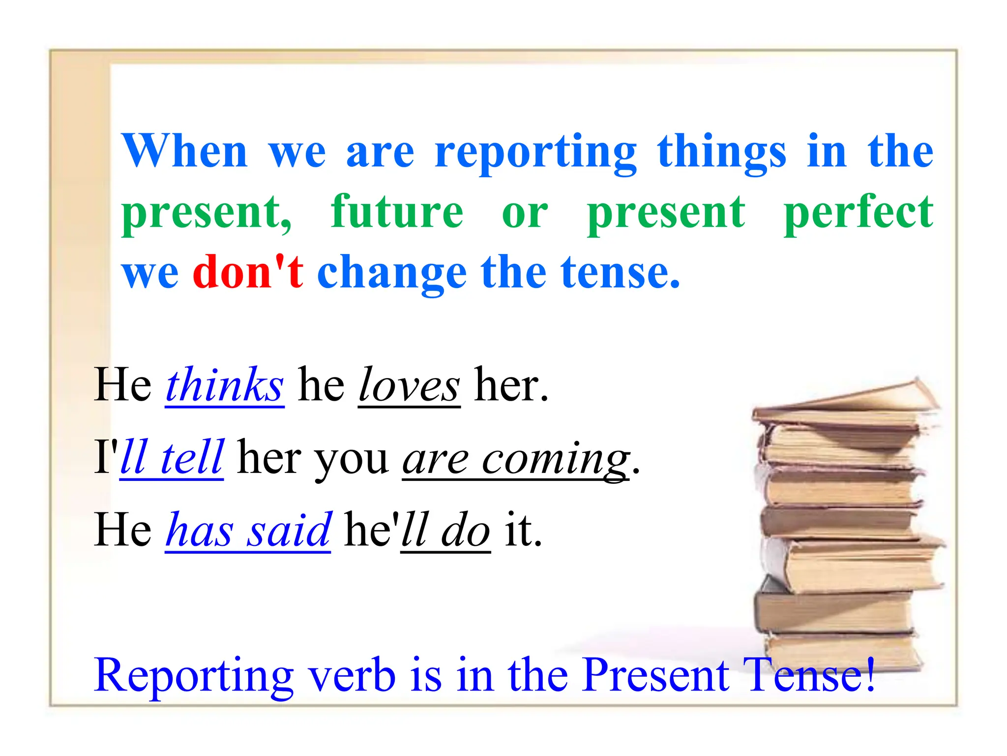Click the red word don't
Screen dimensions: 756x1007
248,272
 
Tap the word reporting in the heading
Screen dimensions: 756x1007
535,153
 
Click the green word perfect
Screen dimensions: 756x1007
858,213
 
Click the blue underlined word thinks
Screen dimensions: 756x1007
225,385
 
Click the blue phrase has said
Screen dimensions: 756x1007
248,531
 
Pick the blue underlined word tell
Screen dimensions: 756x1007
192,457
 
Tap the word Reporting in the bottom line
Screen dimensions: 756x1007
194,676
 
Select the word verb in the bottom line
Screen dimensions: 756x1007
352,675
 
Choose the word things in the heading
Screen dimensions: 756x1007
722,153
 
